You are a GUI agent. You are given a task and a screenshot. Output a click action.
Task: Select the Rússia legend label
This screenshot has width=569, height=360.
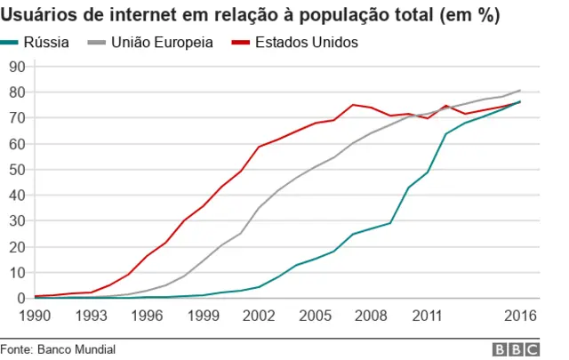53,43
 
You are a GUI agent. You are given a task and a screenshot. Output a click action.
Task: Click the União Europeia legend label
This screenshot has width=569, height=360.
163,43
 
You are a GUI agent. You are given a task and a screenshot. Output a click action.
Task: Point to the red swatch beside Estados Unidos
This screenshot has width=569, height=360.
239,43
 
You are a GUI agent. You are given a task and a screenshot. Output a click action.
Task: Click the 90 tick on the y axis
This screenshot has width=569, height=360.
17,67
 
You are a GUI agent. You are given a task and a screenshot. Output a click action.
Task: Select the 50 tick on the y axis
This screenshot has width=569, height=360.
17,170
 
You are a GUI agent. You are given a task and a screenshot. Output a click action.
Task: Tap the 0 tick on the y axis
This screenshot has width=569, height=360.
20,299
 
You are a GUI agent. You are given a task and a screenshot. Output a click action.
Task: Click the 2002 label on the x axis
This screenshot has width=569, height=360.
258,315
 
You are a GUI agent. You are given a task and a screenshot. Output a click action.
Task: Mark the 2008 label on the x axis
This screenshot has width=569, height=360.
372,315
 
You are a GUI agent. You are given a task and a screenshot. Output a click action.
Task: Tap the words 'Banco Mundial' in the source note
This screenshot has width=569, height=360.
76,349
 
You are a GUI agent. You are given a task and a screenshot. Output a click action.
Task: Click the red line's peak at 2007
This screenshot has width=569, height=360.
353,105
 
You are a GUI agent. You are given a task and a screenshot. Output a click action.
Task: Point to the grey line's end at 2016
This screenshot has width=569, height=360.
520,90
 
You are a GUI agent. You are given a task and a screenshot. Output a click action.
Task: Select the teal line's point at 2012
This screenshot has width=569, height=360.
446,134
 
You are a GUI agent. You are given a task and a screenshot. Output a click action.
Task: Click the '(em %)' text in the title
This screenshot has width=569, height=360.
468,15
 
